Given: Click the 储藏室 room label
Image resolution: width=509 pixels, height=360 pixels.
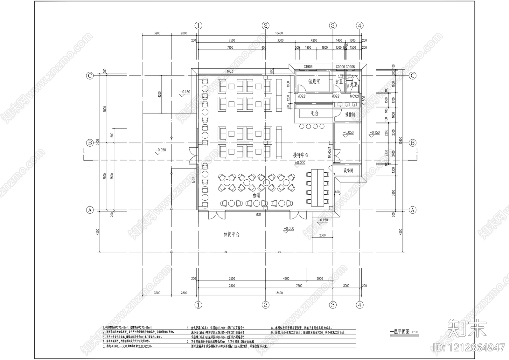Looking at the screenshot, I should click(314, 82).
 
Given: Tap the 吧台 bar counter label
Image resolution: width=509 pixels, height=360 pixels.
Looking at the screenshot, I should click(314, 113).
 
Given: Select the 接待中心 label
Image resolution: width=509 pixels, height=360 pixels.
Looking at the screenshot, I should click(301, 155).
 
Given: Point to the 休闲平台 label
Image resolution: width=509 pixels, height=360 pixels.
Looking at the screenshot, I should click(231, 235).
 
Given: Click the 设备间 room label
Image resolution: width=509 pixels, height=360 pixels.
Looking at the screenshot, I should click(348, 170).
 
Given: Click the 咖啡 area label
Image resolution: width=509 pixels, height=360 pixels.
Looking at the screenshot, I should click(256, 196).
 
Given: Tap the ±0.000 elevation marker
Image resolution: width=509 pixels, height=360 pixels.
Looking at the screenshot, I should click(300, 163).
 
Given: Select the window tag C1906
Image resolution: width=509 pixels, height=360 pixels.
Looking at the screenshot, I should click(308, 67).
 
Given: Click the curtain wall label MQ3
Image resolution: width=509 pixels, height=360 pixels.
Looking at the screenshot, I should click(230, 72).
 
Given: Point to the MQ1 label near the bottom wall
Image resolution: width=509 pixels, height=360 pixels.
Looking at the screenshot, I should click(258, 215).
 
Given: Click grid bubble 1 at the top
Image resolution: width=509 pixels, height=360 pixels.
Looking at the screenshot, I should click(199, 25).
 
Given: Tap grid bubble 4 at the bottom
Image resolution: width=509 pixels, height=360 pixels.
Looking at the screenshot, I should click(359, 305).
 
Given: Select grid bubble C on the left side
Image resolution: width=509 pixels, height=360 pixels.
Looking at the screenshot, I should click(90, 76).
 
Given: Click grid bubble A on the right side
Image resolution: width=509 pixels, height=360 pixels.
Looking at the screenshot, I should click(413, 210).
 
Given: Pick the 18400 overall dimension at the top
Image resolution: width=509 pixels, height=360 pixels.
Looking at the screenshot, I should click(278, 33).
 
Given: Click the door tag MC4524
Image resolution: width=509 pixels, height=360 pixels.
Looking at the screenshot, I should click(330, 152).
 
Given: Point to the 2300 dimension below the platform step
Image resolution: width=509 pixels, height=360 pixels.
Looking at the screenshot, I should click(322, 236).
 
